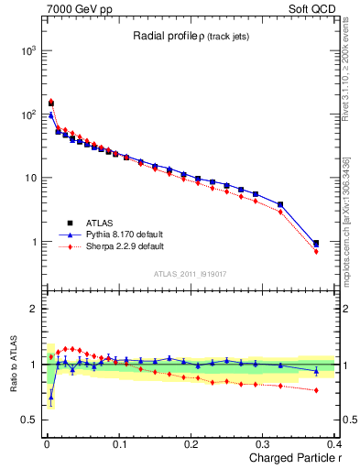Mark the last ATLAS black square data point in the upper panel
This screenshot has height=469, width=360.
(x=316, y=244)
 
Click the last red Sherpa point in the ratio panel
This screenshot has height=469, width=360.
(x=316, y=390)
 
